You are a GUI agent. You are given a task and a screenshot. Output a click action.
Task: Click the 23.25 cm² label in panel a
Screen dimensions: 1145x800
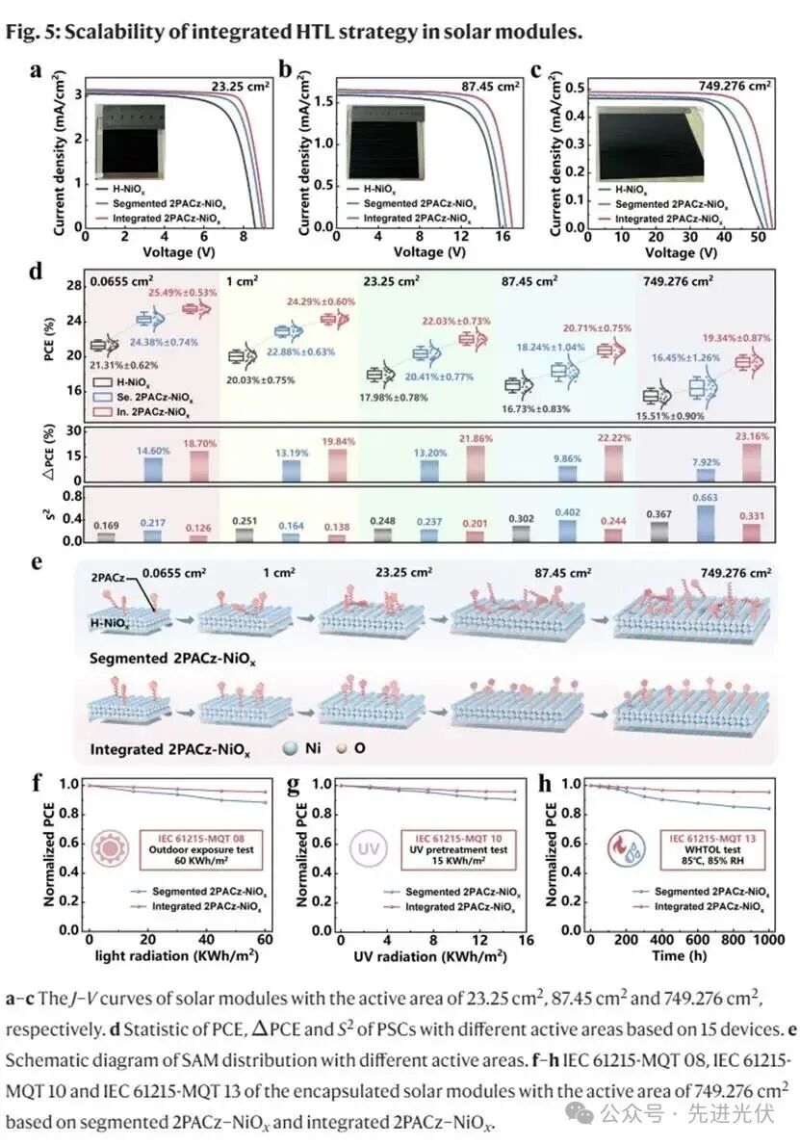point(241,87)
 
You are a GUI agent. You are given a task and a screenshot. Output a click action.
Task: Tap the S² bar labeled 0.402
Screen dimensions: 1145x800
point(563,527)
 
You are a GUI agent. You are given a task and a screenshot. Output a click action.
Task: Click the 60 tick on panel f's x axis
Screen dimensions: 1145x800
point(266,940)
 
